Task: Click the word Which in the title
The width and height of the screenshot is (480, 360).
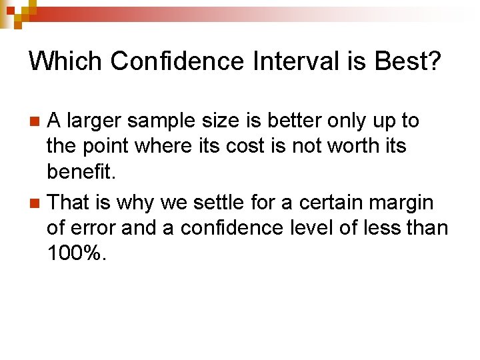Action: tap(65, 61)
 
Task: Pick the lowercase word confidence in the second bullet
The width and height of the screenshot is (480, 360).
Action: tap(222, 228)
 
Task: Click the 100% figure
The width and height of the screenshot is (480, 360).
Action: tap(76, 254)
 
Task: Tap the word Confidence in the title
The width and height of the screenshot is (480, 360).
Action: tap(177, 61)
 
